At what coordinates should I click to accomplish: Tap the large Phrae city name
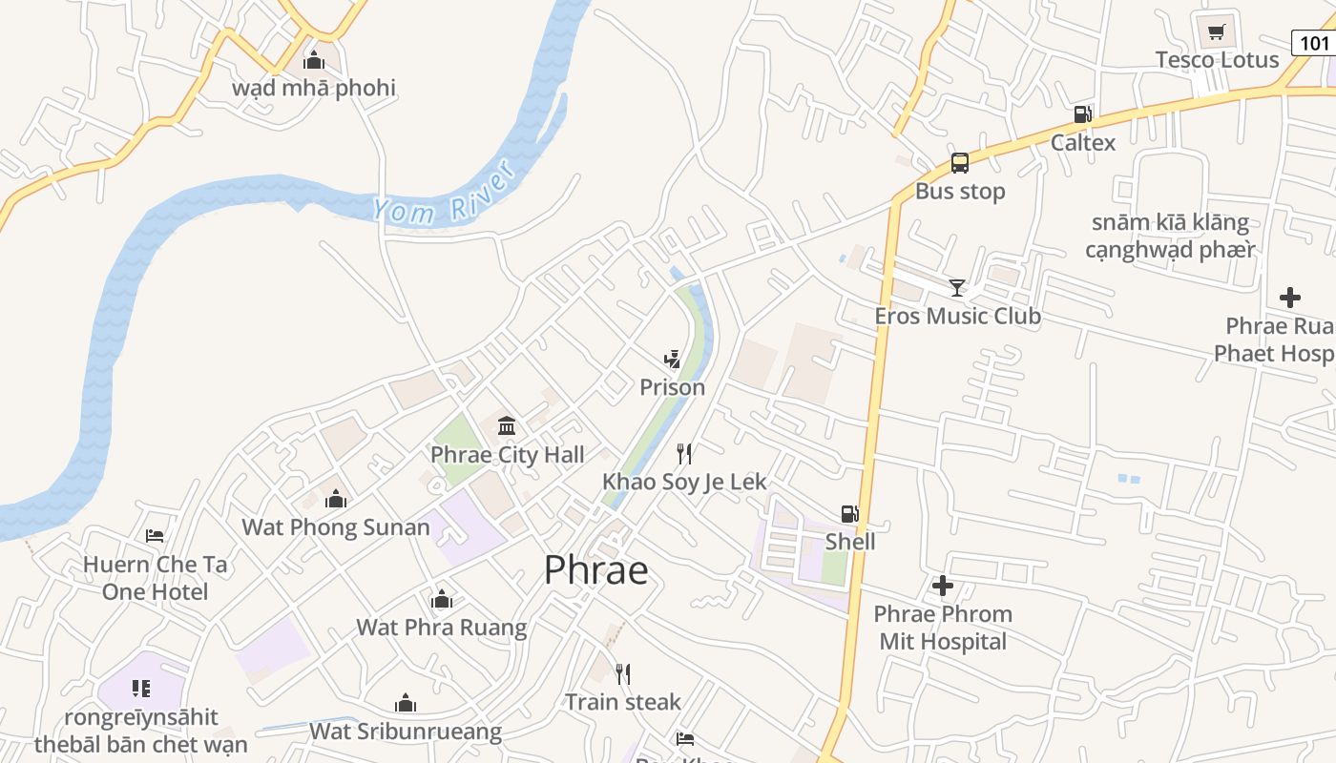point(596,570)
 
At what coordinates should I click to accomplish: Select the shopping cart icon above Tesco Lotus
point(1216,33)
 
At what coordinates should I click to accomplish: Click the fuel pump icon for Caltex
point(1082,114)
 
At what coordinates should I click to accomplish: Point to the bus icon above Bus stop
point(959,163)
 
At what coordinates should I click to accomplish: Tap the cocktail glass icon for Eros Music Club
point(956,287)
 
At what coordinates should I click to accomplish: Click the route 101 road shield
point(1314,43)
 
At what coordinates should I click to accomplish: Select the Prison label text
point(672,387)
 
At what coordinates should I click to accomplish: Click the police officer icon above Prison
point(672,360)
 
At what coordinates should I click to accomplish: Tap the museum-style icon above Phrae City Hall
point(507,425)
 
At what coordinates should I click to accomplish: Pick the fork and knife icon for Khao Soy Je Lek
point(684,453)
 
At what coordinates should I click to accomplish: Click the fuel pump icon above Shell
point(849,514)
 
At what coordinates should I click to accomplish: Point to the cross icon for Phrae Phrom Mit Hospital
point(943,586)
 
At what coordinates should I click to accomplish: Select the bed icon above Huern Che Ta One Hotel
point(155,536)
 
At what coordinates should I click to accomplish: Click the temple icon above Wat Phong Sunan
point(335,499)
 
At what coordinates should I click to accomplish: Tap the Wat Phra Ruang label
point(441,627)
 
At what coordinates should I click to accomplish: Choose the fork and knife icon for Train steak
point(622,674)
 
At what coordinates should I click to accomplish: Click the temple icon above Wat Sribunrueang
point(406,704)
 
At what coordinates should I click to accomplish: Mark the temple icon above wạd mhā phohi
point(313,61)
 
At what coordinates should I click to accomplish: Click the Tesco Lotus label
point(1217,60)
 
